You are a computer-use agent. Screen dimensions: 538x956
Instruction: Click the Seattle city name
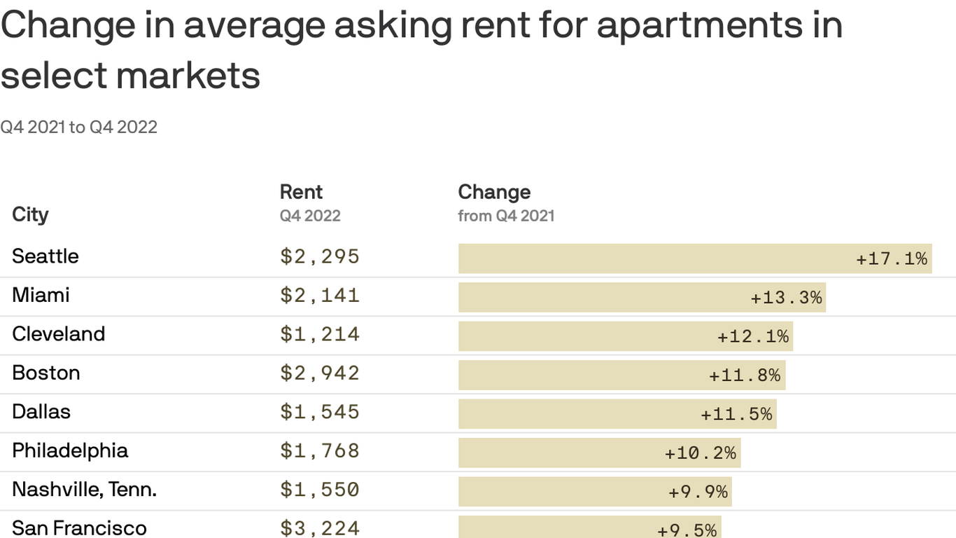pyautogui.click(x=45, y=256)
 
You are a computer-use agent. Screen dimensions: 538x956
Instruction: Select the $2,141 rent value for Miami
pyautogui.click(x=320, y=296)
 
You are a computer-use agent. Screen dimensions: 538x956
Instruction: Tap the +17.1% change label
pyautogui.click(x=892, y=258)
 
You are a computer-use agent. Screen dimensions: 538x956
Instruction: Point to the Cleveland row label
pyautogui.click(x=59, y=334)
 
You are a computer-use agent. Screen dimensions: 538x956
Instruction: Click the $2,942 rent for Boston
pyautogui.click(x=320, y=373)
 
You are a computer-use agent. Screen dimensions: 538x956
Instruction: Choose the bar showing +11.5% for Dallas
pyautogui.click(x=617, y=414)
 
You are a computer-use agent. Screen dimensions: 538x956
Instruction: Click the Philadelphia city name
pyautogui.click(x=70, y=450)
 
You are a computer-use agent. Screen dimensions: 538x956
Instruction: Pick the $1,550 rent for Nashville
pyautogui.click(x=320, y=490)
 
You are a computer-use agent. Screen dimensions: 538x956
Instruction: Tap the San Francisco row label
pyautogui.click(x=79, y=527)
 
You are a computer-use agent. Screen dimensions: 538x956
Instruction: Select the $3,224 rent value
pyautogui.click(x=320, y=528)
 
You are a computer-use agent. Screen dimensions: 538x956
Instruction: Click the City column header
pyautogui.click(x=30, y=214)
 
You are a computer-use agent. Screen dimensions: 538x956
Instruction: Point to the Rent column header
pyautogui.click(x=301, y=192)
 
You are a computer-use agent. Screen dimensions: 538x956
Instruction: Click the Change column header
pyautogui.click(x=494, y=192)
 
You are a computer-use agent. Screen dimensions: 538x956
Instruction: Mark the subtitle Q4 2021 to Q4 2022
pyautogui.click(x=78, y=127)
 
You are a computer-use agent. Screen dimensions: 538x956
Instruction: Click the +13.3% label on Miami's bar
pyautogui.click(x=786, y=298)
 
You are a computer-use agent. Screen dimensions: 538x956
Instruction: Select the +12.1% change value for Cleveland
pyautogui.click(x=753, y=336)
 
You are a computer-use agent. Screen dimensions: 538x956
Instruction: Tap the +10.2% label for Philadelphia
pyautogui.click(x=700, y=453)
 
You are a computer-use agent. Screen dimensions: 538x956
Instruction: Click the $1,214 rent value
pyautogui.click(x=320, y=334)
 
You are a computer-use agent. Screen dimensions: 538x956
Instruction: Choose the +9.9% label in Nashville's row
pyautogui.click(x=698, y=492)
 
